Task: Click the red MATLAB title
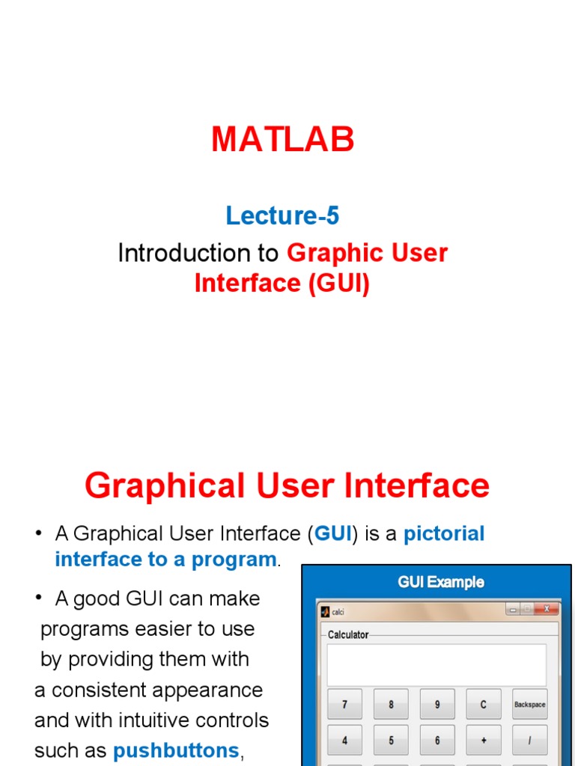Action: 283,140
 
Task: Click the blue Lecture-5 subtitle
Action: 282,216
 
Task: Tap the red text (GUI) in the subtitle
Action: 337,284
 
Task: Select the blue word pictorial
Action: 444,533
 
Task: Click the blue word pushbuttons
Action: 176,750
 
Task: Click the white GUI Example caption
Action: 440,581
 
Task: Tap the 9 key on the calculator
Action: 437,704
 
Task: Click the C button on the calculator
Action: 484,704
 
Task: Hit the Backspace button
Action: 530,704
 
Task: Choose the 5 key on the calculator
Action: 391,740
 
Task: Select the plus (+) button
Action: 484,740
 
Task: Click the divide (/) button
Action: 530,740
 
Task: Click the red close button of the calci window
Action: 548,609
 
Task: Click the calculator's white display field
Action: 436,664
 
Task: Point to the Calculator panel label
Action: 348,634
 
